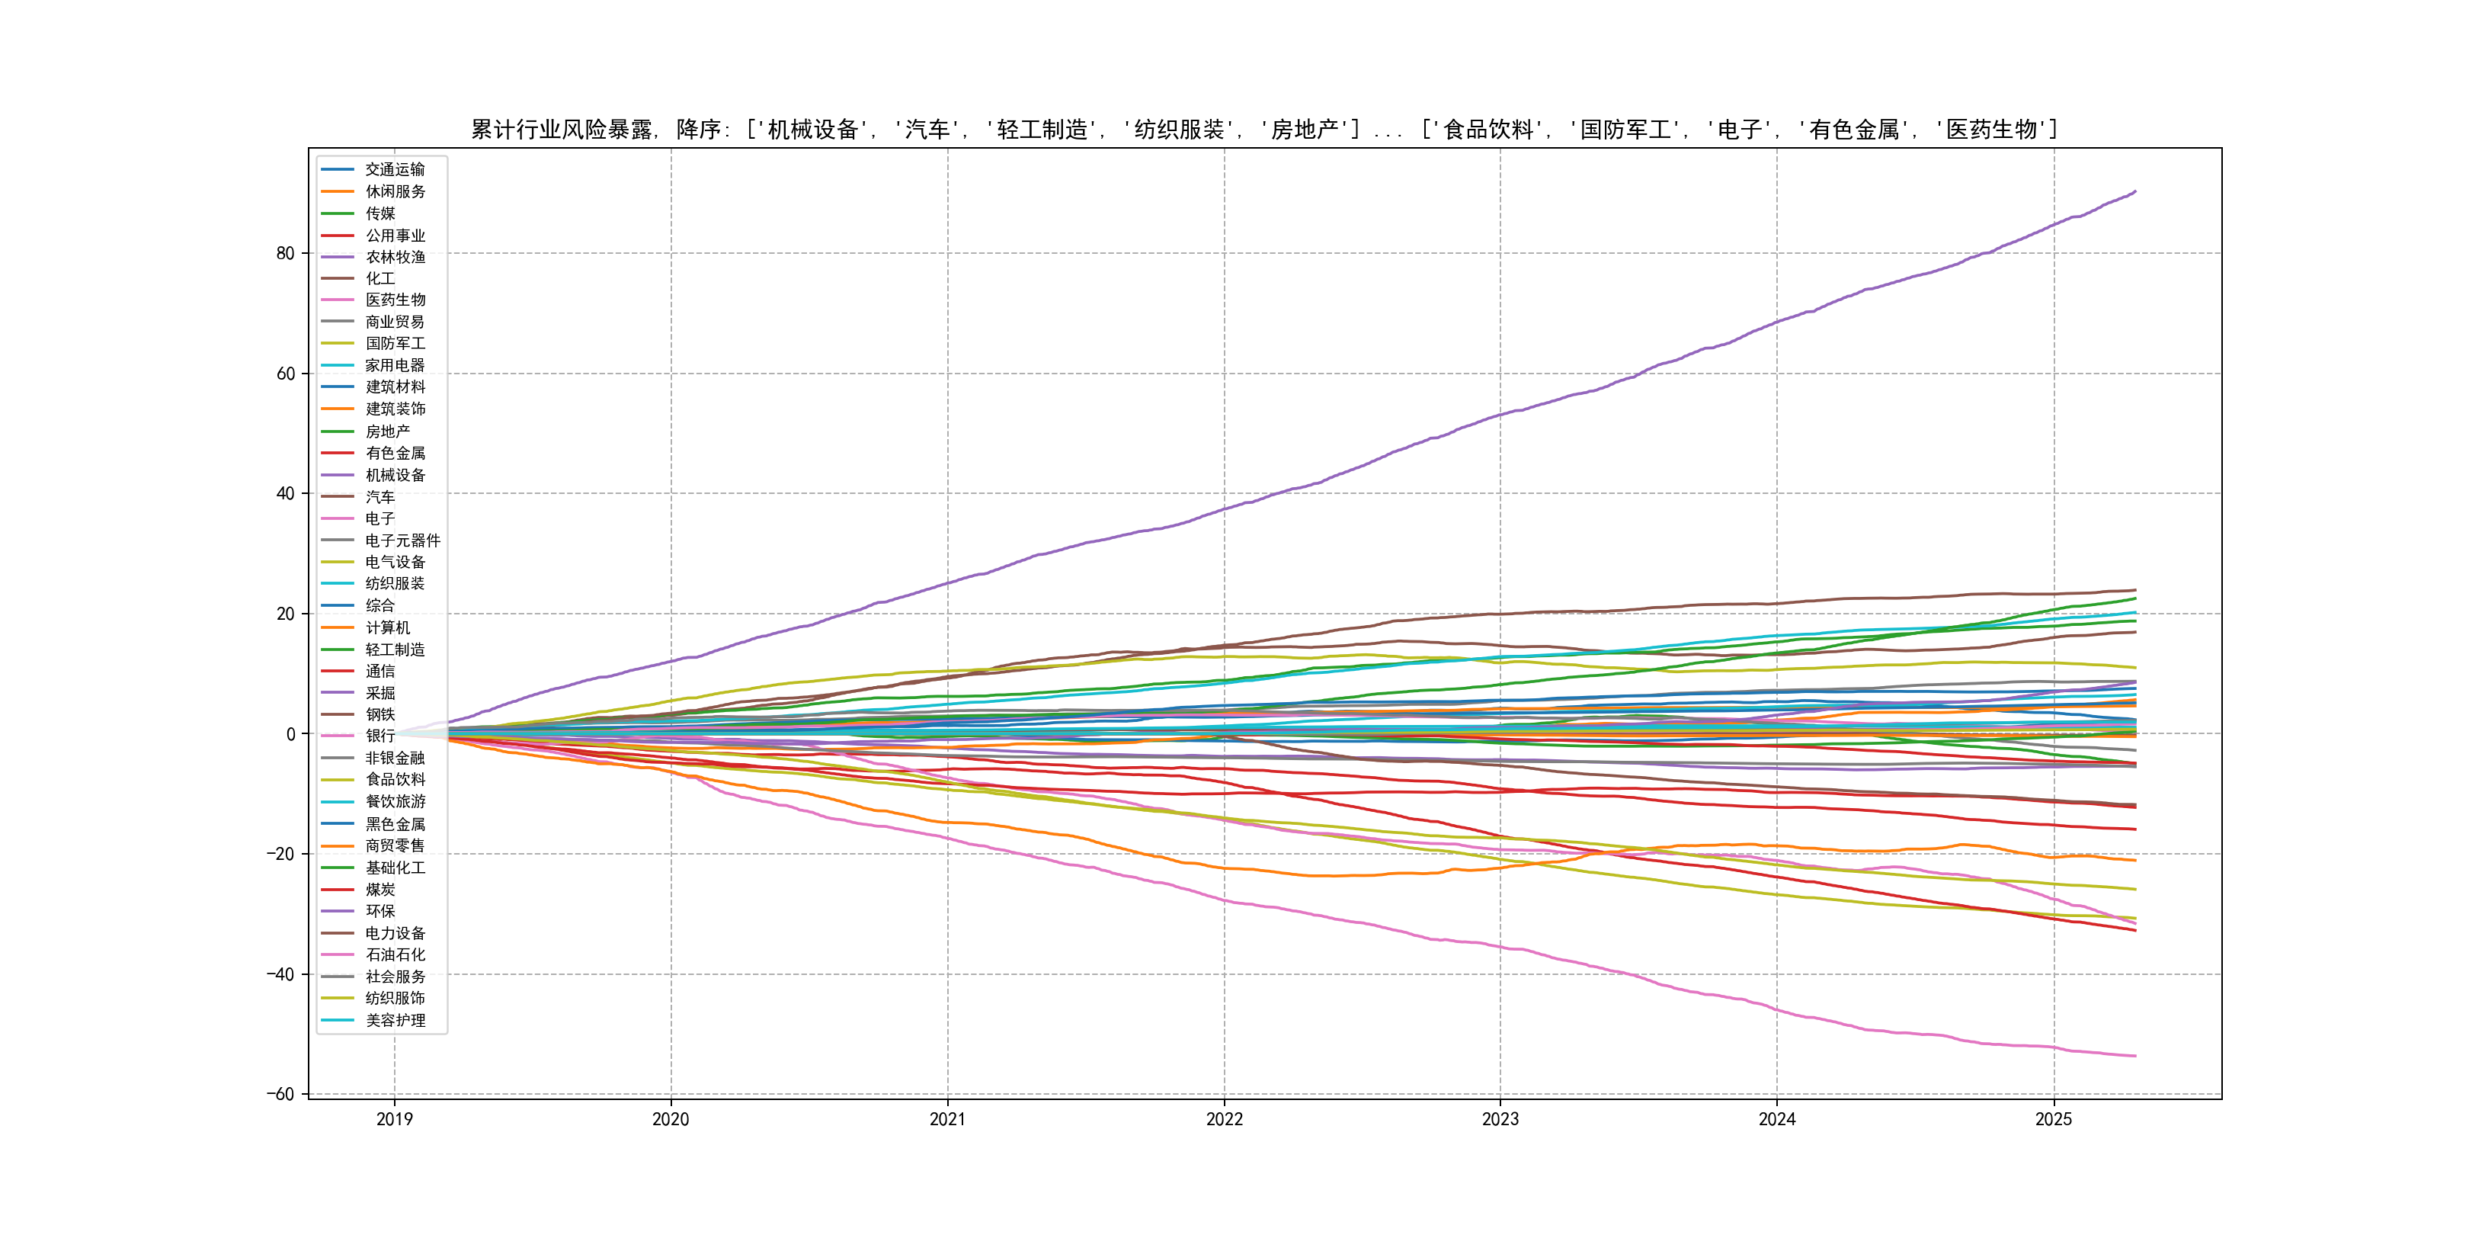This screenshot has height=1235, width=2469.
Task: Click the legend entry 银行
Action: (379, 736)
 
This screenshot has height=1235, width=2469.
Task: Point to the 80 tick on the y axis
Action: (286, 253)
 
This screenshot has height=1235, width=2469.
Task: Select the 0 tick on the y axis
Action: (291, 734)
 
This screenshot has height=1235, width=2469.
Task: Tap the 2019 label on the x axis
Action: (394, 1119)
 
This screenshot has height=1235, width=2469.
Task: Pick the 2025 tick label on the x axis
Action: (2053, 1119)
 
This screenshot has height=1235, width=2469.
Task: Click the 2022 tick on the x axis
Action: (1224, 1119)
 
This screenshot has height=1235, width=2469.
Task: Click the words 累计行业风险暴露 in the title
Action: (562, 130)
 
